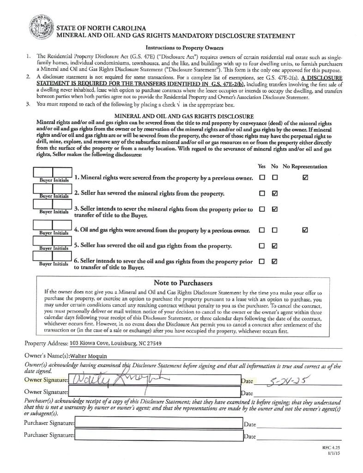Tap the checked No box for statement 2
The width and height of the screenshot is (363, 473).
275,194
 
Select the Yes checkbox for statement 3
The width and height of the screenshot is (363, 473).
262,209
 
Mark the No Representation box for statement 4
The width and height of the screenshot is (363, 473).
304,230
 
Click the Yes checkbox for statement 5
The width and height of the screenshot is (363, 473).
262,245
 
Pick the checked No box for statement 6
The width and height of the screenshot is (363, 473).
275,261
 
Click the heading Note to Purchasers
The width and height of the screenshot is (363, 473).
183,283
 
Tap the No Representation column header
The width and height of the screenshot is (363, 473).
305,166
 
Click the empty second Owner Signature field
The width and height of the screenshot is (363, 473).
154,393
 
